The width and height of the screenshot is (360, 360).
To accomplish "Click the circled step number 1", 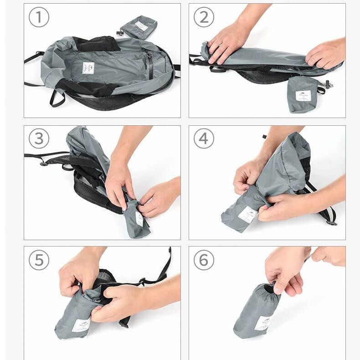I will (x=39, y=17).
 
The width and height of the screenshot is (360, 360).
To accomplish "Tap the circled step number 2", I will (x=204, y=17).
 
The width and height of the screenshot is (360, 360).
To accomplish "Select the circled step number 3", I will (x=39, y=139).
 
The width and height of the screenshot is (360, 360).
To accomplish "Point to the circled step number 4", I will (x=204, y=139).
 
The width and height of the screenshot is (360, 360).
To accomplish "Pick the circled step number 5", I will (x=39, y=260).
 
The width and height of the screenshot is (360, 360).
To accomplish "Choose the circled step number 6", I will (x=204, y=260).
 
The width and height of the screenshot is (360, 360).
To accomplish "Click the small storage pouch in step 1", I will (x=139, y=27).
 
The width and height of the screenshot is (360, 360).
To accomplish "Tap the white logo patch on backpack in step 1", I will (x=88, y=68).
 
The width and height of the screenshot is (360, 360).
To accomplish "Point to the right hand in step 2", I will (x=326, y=54).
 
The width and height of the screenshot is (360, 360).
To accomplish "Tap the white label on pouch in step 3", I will (x=139, y=218).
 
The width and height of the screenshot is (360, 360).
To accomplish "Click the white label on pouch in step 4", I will (x=247, y=215).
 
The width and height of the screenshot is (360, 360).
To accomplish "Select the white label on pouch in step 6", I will (x=263, y=323).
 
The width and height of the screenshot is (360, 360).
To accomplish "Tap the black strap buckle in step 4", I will (x=331, y=222).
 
